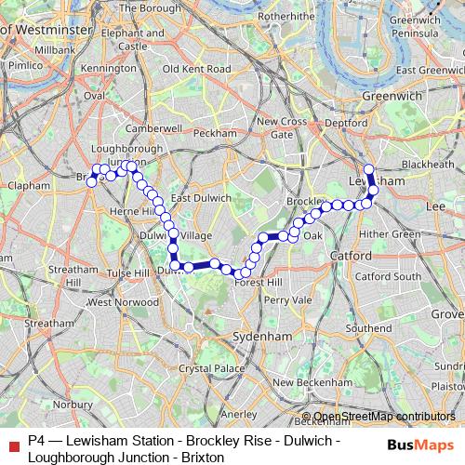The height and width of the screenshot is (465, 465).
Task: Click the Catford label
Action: point(349,255)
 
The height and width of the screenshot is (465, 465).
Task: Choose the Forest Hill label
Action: point(260,282)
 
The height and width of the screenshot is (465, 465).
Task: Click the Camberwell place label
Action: point(150,127)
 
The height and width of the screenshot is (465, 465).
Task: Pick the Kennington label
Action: point(109,68)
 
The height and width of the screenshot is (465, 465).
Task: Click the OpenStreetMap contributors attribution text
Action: point(384,417)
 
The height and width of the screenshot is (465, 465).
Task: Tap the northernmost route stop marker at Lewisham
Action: point(368,169)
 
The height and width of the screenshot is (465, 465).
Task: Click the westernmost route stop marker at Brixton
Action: point(91,182)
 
